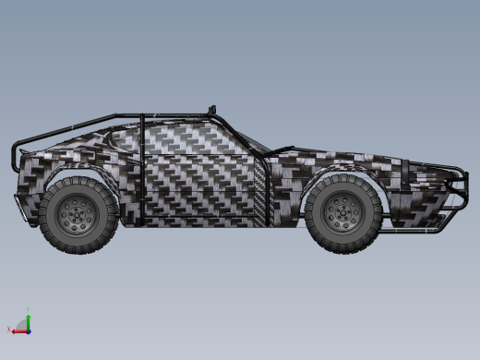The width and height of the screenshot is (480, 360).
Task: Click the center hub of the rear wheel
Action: coord(77,213)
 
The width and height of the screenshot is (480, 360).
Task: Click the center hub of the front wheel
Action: coord(343,212)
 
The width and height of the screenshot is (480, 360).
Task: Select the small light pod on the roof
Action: coord(214,108)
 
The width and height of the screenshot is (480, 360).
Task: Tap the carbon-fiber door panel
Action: coord(198,180)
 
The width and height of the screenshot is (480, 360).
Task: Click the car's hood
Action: coord(351,154)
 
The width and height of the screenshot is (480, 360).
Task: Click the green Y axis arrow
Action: coord(28,319)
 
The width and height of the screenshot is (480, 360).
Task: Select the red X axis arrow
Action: coord(18,329)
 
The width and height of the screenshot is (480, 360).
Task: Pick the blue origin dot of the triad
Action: coord(28,329)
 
